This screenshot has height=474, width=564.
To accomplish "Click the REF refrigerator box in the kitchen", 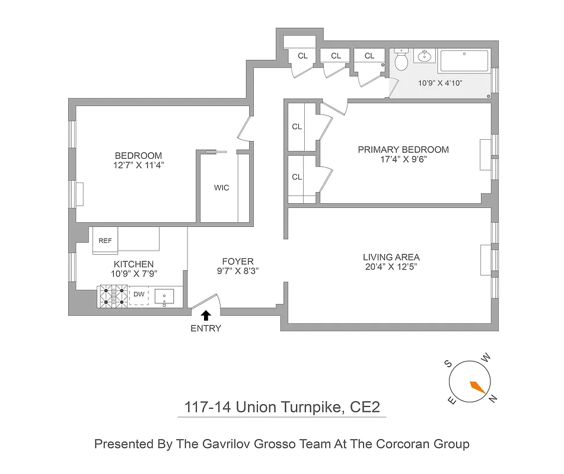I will tap(105, 241).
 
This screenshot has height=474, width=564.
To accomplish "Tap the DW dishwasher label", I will tap(139, 294).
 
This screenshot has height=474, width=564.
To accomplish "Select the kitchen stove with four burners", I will tap(113, 296).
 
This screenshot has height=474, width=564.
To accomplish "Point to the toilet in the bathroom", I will tap(401, 60).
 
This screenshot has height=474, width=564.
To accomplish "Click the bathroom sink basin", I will tap(424, 57).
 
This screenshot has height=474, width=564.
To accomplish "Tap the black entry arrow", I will tap(206, 316).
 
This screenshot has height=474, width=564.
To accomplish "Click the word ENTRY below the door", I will tap(206, 328).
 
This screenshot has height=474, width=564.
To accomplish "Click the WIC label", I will tap(221, 188).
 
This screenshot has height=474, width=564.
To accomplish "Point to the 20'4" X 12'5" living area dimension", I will tap(391, 267).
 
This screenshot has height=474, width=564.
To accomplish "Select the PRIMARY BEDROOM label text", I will tap(403, 149).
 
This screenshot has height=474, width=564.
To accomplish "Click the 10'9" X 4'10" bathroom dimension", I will tap(440, 84).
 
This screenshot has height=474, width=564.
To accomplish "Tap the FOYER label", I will tap(238, 261).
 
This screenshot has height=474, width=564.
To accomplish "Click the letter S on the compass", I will tap(449, 364).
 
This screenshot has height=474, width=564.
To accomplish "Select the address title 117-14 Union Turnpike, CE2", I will tap(282, 408).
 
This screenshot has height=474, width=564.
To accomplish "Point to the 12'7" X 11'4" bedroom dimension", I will tap(138, 166).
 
